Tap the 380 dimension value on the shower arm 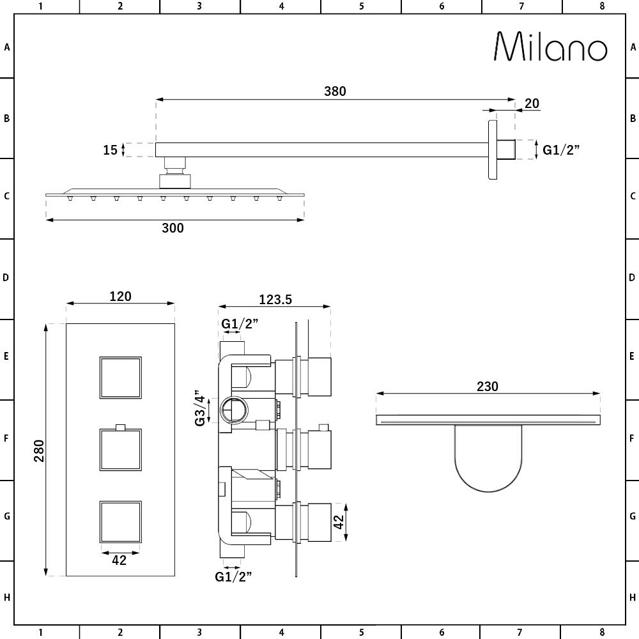(334, 91)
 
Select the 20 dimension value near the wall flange (532, 104)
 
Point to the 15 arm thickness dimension (111, 150)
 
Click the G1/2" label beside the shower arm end (561, 150)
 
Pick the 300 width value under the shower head (173, 228)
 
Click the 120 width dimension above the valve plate (120, 296)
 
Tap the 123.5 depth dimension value (275, 299)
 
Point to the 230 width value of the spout (487, 386)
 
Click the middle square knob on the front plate (120, 449)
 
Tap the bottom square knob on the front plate (120, 521)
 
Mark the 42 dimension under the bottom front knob (119, 560)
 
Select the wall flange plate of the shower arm (493, 150)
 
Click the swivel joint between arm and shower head (174, 171)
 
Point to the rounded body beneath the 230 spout (488, 457)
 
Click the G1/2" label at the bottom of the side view (233, 576)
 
